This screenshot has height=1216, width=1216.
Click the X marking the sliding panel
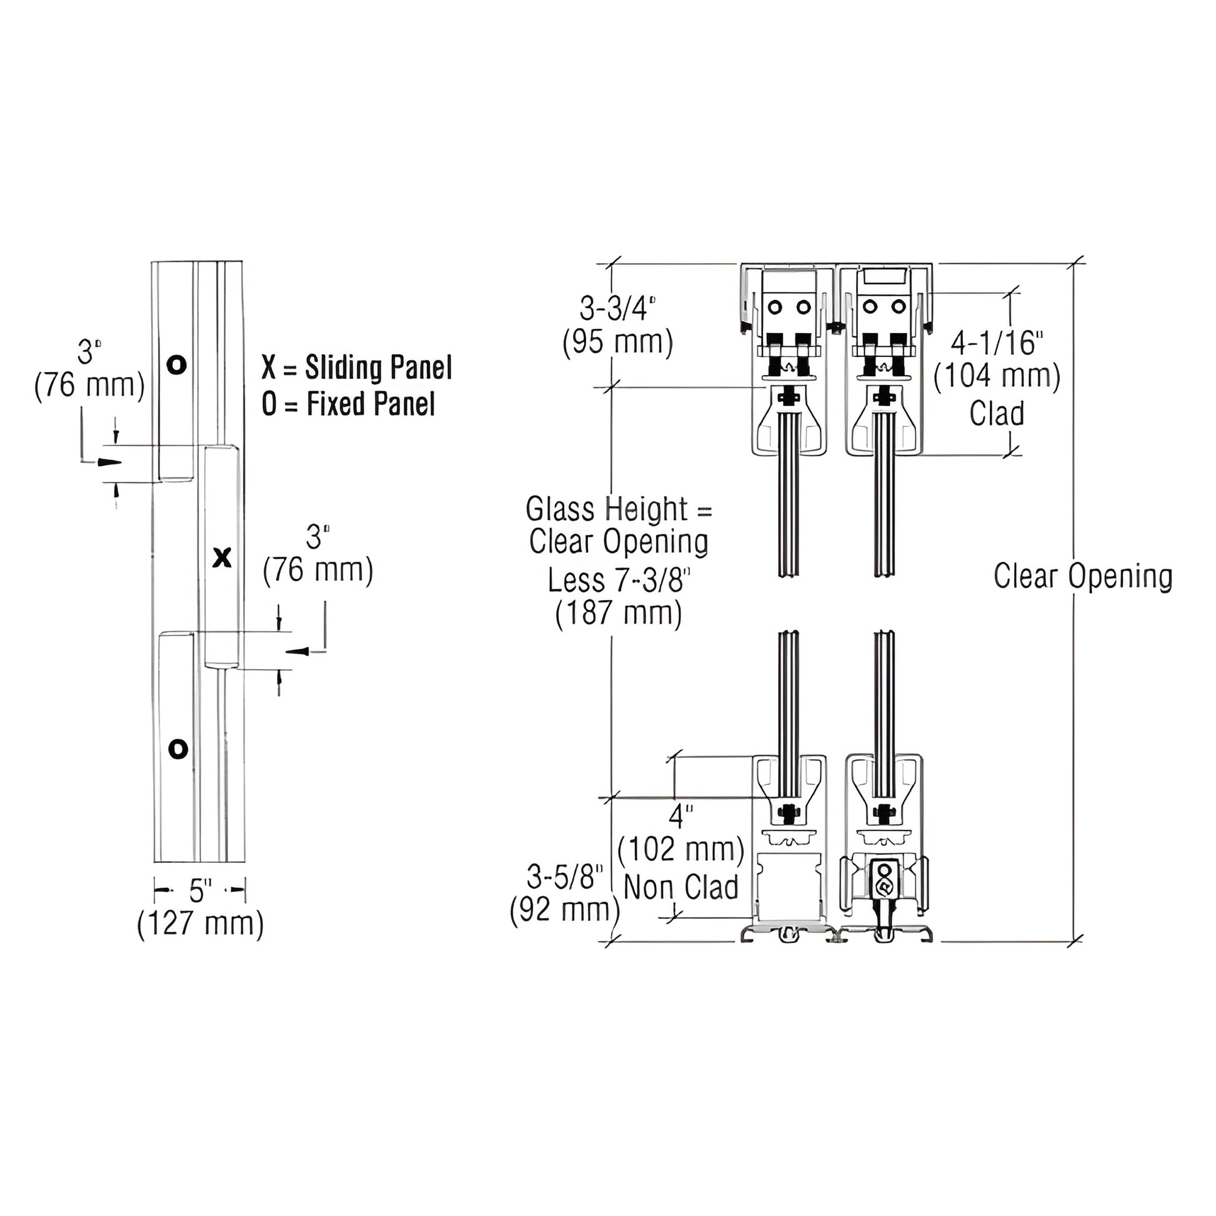click(x=222, y=557)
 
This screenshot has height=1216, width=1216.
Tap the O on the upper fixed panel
click(x=177, y=364)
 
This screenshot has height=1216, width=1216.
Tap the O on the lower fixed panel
click(x=179, y=749)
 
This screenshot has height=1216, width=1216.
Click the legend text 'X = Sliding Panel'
click(x=357, y=368)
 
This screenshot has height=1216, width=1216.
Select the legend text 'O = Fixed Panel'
click(x=348, y=404)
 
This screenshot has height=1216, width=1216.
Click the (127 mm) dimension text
click(x=200, y=924)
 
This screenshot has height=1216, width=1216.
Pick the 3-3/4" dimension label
click(x=617, y=309)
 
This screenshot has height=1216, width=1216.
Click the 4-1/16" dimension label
click(x=996, y=343)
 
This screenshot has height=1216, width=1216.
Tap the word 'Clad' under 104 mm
click(x=996, y=414)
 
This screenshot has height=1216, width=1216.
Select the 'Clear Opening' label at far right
click(x=1082, y=576)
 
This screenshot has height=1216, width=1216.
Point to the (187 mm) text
click(x=619, y=613)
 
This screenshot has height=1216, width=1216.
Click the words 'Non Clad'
click(x=680, y=887)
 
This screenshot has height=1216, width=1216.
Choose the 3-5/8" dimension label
click(x=565, y=877)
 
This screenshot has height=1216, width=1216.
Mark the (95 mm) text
click(x=617, y=342)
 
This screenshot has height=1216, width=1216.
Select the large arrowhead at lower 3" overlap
click(x=297, y=650)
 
